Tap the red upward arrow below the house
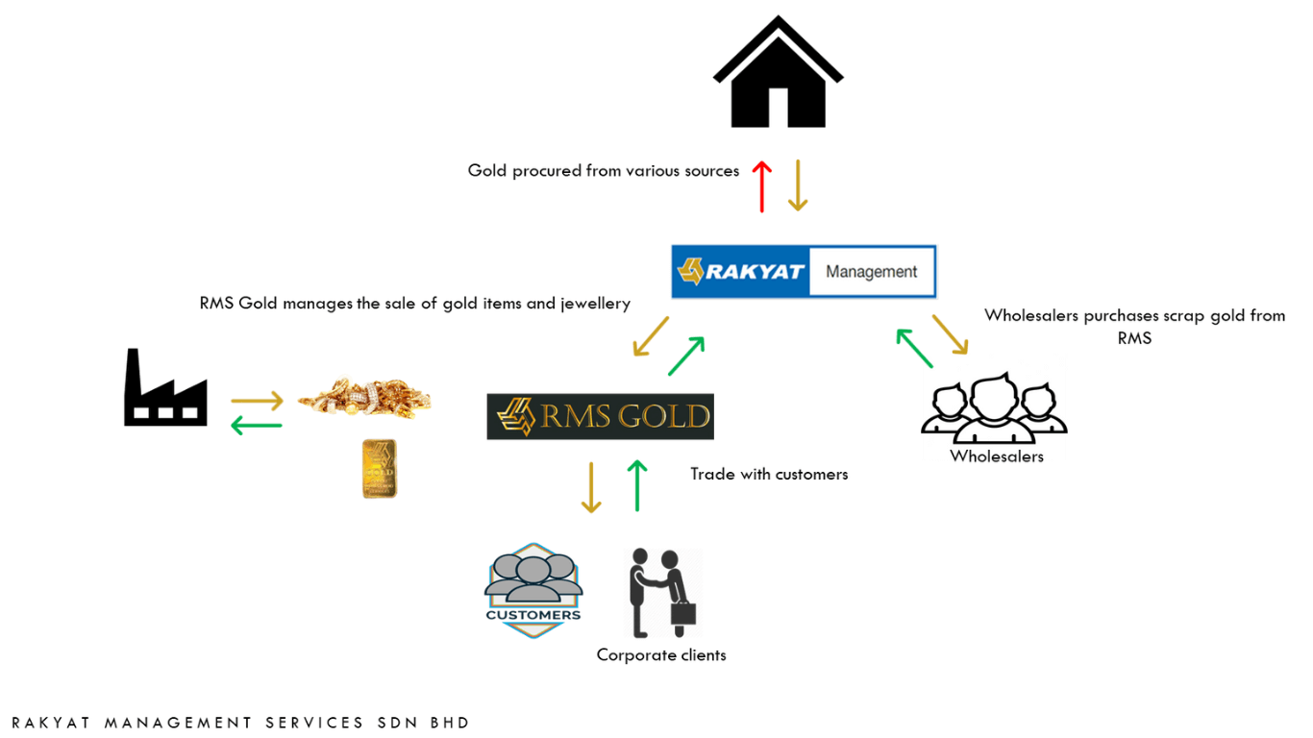pyautogui.click(x=761, y=185)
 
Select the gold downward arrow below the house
pyautogui.click(x=797, y=185)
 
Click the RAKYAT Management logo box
pyautogui.click(x=804, y=272)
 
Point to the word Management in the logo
pyautogui.click(x=871, y=272)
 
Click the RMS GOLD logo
pyautogui.click(x=600, y=416)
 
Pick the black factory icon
pyautogui.click(x=165, y=389)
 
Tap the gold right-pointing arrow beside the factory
pyautogui.click(x=257, y=400)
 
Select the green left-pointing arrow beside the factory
pyautogui.click(x=257, y=423)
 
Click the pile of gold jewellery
pyautogui.click(x=364, y=396)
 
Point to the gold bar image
pyautogui.click(x=380, y=469)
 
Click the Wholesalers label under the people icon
pyautogui.click(x=997, y=456)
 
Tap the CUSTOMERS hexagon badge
pyautogui.click(x=533, y=590)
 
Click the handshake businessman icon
pyautogui.click(x=662, y=593)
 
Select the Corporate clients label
pyautogui.click(x=661, y=655)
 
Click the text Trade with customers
pyautogui.click(x=769, y=474)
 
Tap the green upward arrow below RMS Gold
pyautogui.click(x=636, y=485)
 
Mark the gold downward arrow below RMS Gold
pyautogui.click(x=591, y=487)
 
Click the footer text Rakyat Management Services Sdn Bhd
pyautogui.click(x=240, y=723)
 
